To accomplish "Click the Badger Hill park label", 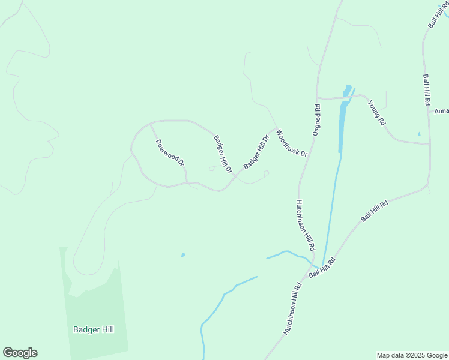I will pos(93,329).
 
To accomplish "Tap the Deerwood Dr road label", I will pos(170,153).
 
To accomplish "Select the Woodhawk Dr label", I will pos(292,145).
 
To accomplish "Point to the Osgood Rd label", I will pos(317,120).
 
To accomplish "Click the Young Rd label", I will pos(377,112).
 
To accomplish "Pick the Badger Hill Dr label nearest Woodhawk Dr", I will pos(256,152).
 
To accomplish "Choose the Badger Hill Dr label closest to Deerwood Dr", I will pos(223,154).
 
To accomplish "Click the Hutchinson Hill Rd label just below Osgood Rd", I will pos(306,225).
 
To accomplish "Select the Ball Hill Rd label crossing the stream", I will pos(321,268).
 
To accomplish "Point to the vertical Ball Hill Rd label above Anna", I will pos(427,90).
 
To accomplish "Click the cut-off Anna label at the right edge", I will pos(441,111).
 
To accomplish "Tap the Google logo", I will pos(20,353).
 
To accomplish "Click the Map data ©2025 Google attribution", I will pos(412,355).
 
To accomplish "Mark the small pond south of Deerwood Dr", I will pos(183,255).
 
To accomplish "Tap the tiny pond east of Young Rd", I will pos(419,134).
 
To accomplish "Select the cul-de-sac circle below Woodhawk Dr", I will pos(266,173).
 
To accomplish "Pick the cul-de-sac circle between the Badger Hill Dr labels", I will pos(211,169).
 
